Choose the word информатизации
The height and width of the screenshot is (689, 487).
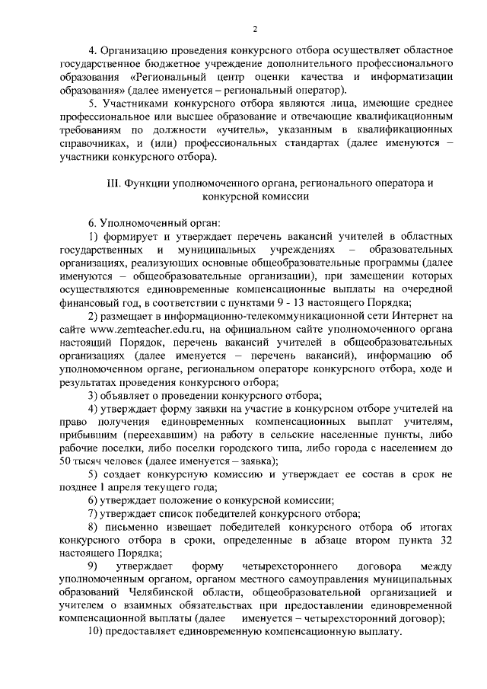click(x=412, y=77)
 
